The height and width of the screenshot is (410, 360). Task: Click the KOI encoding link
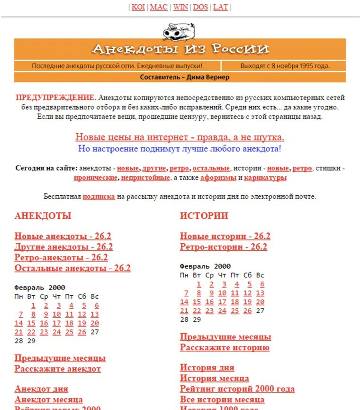pyautogui.click(x=138, y=7)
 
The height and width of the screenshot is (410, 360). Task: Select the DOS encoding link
pyautogui.click(x=200, y=7)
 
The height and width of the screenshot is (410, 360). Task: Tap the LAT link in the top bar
pyautogui.click(x=221, y=7)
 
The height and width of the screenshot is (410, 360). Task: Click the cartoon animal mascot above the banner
pyautogui.click(x=180, y=31)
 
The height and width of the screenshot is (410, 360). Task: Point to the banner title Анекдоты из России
pyautogui.click(x=180, y=49)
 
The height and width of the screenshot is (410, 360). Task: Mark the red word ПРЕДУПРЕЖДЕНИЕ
pyautogui.click(x=56, y=98)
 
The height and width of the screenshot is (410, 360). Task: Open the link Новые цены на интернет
pyautogui.click(x=180, y=137)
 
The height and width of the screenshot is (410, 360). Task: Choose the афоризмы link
pyautogui.click(x=218, y=178)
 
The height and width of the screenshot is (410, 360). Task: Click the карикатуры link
pyautogui.click(x=265, y=178)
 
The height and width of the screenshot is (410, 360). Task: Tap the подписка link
pyautogui.click(x=99, y=196)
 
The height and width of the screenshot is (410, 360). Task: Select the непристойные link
pyautogui.click(x=145, y=178)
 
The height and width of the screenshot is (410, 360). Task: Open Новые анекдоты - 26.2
pyautogui.click(x=63, y=236)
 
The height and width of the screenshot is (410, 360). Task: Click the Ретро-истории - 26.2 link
pyautogui.click(x=224, y=247)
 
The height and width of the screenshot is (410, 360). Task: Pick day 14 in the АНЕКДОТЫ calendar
pyautogui.click(x=19, y=323)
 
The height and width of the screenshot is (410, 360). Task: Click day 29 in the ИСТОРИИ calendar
pyautogui.click(x=197, y=319)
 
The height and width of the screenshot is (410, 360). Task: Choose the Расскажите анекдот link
pyautogui.click(x=58, y=369)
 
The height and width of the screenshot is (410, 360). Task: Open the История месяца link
pyautogui.click(x=215, y=378)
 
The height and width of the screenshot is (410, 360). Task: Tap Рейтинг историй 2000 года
pyautogui.click(x=237, y=389)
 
